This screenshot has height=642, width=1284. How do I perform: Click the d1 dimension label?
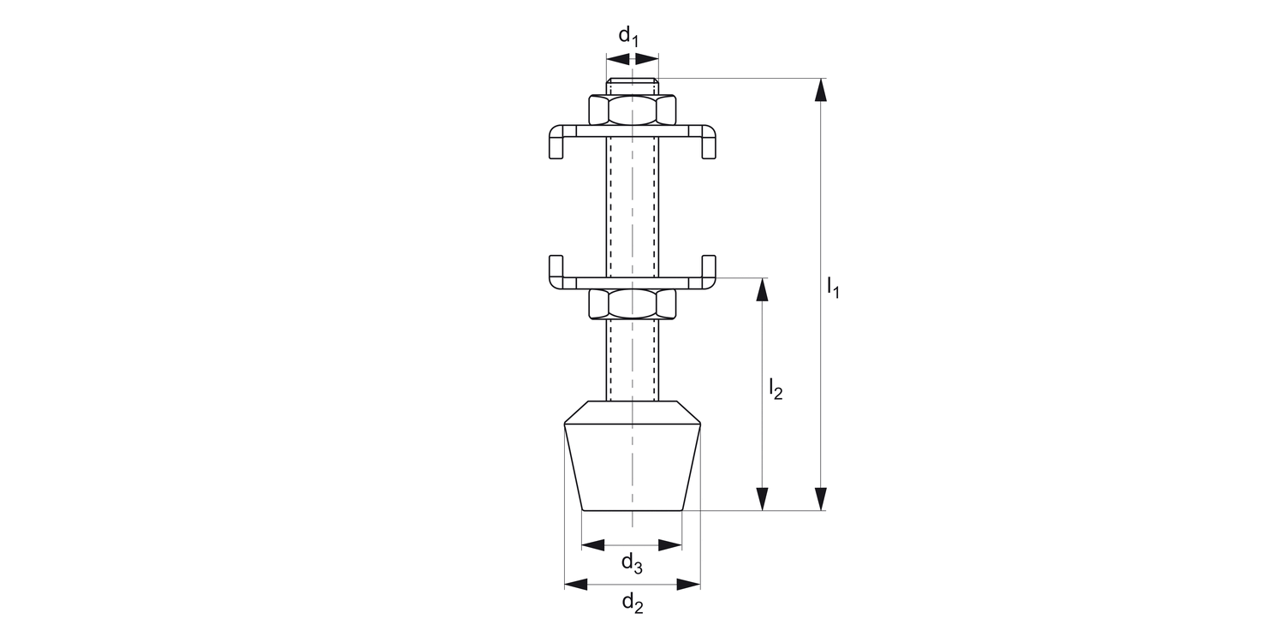click(x=628, y=35)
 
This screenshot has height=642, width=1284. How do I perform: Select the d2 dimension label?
click(x=632, y=604)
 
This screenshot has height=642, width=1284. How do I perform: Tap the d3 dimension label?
click(x=632, y=563)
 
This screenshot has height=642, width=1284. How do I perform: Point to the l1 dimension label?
click(x=833, y=287)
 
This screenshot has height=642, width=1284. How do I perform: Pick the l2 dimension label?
click(x=775, y=389)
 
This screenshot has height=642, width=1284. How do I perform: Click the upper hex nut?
click(x=633, y=110)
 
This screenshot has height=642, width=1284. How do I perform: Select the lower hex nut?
click(x=633, y=303)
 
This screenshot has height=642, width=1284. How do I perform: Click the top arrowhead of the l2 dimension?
click(x=762, y=289)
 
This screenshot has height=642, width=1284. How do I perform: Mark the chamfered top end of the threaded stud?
click(x=633, y=85)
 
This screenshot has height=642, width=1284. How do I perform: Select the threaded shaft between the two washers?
click(x=633, y=205)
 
